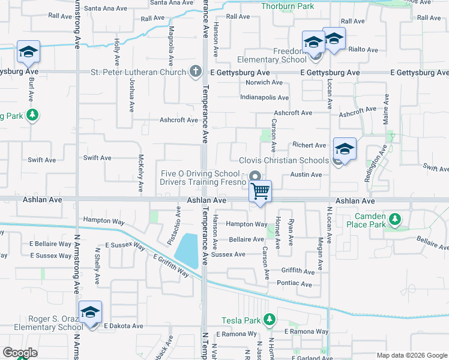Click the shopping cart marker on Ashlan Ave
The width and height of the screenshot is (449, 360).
tap(260, 191)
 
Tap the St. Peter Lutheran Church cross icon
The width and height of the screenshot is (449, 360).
tap(194, 72)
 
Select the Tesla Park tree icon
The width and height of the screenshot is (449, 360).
tap(270, 319)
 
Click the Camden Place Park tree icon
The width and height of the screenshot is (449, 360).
tap(395, 220)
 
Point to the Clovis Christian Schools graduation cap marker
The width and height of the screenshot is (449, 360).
tap(345, 149)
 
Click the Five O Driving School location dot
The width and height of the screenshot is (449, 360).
tap(255, 176)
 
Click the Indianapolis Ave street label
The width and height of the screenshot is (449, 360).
tap(264, 97)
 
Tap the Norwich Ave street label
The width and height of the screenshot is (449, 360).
tap(264, 82)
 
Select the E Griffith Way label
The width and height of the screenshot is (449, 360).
tap(171, 265)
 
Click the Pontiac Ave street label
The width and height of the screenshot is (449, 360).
tap(295, 283)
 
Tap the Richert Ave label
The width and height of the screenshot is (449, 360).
tap(309, 145)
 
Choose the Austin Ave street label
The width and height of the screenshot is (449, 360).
tap(306, 175)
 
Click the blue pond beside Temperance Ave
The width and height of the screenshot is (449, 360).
tap(189, 250)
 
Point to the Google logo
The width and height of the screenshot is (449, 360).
tap(20, 353)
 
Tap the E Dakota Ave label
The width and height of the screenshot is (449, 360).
tap(123, 326)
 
